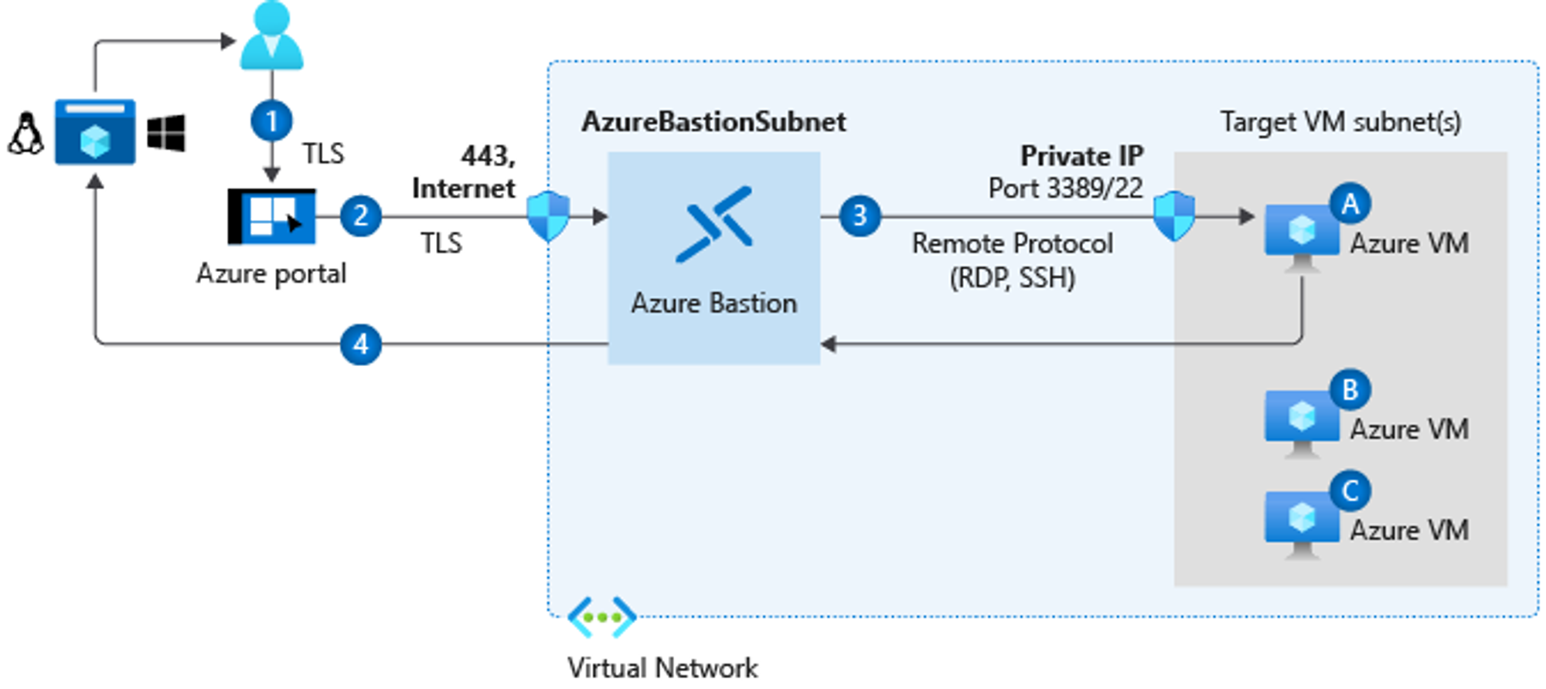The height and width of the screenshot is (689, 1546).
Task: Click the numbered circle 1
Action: click(271, 121)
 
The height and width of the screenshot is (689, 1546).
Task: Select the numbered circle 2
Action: click(360, 216)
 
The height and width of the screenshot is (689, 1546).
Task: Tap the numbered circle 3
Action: click(860, 216)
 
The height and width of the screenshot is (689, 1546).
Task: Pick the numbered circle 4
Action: click(360, 344)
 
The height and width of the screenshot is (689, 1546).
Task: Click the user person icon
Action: click(271, 36)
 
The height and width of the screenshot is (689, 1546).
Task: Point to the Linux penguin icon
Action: click(26, 134)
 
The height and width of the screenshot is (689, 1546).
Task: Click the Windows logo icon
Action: click(166, 133)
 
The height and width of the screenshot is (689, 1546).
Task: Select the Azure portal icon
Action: click(272, 216)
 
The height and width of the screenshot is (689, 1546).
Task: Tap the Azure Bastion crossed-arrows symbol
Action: click(714, 224)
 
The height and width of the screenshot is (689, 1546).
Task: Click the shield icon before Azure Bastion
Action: click(548, 216)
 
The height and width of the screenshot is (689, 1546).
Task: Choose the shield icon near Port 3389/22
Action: click(1173, 216)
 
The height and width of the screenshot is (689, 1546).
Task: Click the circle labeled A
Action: click(1350, 204)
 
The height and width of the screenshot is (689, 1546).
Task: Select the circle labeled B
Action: click(1350, 390)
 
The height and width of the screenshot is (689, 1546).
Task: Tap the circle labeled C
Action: click(1350, 490)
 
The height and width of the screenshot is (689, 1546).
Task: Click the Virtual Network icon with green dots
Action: click(601, 617)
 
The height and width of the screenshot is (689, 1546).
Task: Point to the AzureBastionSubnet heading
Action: click(713, 122)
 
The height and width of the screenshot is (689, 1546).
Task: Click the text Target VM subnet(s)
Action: click(1340, 122)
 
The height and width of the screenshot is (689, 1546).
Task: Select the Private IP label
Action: click(1081, 156)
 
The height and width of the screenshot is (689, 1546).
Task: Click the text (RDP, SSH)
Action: click(1012, 278)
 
